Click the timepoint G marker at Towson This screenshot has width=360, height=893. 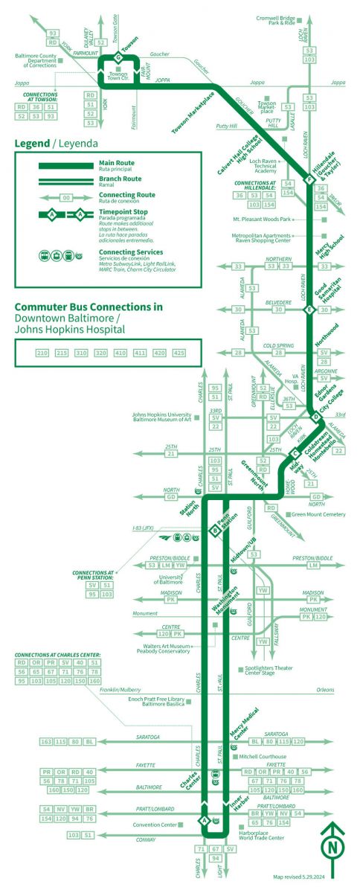[x=118, y=57]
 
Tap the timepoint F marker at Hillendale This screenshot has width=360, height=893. [x=310, y=179]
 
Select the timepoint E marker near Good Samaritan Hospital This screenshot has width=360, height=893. [x=312, y=309]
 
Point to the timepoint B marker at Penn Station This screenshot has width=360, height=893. [x=214, y=531]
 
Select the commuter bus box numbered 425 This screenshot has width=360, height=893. [x=179, y=352]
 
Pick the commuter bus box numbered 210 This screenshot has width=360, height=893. [x=42, y=352]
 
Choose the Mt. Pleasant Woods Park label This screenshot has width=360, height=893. [x=261, y=219]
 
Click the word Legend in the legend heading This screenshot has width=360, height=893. [x=30, y=144]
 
